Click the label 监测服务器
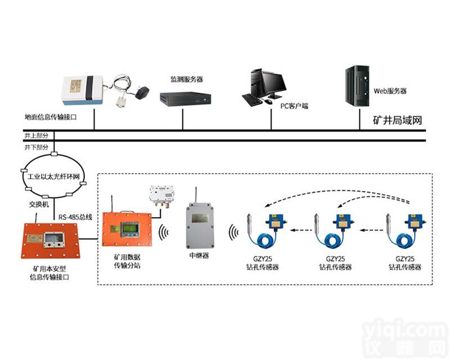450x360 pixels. pyautogui.click(x=187, y=79)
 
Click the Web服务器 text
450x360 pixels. pyautogui.click(x=390, y=91)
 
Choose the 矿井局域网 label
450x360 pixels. pyautogui.click(x=398, y=120)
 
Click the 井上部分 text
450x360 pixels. pyautogui.click(x=36, y=136)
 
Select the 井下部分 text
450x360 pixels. pyautogui.click(x=36, y=146)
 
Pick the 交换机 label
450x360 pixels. pyautogui.click(x=40, y=204)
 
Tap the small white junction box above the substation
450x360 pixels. pyautogui.click(x=162, y=195)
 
